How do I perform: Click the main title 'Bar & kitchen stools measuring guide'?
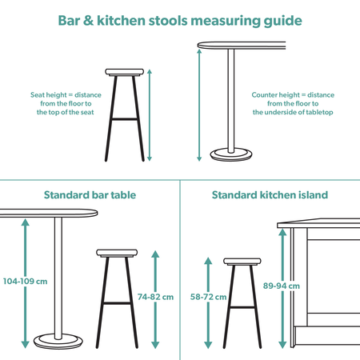click(180, 19)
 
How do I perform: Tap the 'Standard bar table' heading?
click(89, 194)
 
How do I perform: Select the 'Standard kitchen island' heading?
click(270, 194)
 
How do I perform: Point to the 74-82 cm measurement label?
click(157, 297)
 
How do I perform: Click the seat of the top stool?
click(127, 72)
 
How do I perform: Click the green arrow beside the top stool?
click(149, 114)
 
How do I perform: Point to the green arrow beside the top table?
click(198, 104)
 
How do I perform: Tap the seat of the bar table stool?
click(118, 254)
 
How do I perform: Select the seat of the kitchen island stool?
click(243, 262)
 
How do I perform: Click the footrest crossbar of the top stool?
click(127, 119)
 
